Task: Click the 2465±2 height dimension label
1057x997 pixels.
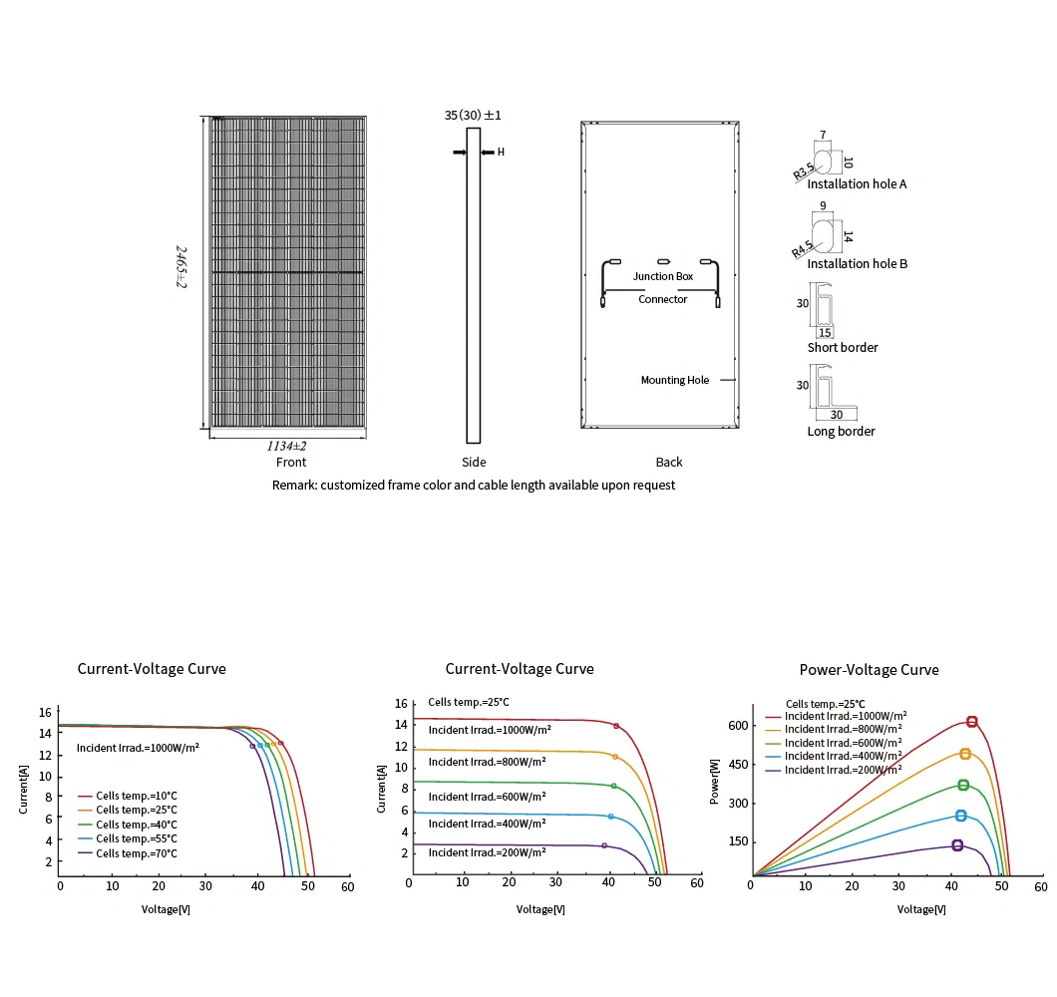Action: point(182,266)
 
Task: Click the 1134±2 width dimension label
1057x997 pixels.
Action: point(286,446)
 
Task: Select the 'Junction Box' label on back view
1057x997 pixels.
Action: point(663,276)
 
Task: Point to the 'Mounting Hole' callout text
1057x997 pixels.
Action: point(675,380)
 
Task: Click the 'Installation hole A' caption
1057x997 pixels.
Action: point(857,184)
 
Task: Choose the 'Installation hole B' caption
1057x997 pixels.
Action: point(857,264)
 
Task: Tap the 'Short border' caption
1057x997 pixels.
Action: point(843,348)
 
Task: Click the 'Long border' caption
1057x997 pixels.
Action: point(841,432)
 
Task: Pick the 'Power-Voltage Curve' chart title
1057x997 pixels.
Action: point(869,670)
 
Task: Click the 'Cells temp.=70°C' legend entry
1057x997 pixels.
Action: point(137,853)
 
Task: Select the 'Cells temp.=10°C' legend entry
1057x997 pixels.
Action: point(137,796)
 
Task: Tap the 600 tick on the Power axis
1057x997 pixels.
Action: point(737,726)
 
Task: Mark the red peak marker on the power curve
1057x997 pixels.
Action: point(971,722)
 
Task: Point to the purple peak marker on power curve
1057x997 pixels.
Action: point(957,845)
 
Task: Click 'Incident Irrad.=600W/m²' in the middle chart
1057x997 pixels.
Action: point(487,797)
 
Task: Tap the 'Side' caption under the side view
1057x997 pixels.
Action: point(474,463)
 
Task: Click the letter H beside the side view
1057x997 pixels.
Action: point(501,153)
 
